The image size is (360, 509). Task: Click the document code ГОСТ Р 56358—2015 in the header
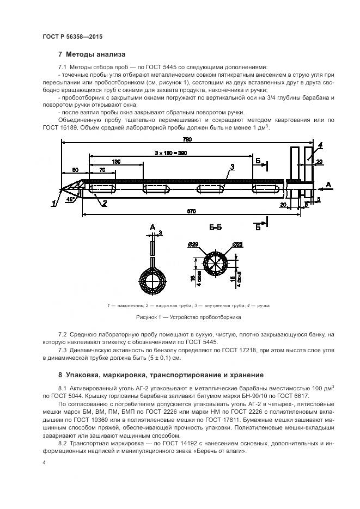[72, 36]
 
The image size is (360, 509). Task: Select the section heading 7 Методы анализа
[91, 54]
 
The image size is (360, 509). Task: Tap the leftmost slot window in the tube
[102, 189]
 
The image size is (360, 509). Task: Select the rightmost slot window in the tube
[267, 189]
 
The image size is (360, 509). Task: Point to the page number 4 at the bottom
[44, 462]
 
